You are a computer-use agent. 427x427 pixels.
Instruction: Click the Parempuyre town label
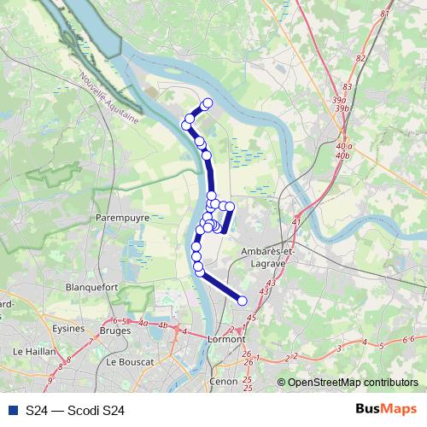click(x=122, y=218)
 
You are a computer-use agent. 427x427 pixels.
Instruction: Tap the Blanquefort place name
click(x=91, y=288)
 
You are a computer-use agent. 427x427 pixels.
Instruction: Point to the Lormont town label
click(x=226, y=339)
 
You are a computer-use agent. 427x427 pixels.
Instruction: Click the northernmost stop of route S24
click(x=207, y=104)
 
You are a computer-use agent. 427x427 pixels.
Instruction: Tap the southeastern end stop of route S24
click(x=242, y=300)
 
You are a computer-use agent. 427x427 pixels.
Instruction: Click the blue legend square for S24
click(x=12, y=411)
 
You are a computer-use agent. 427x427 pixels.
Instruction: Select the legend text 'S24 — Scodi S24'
click(x=75, y=411)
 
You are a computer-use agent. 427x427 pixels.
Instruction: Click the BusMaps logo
click(x=386, y=410)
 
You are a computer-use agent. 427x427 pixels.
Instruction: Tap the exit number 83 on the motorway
click(x=346, y=87)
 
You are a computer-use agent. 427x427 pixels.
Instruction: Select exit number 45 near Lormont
click(x=250, y=318)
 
